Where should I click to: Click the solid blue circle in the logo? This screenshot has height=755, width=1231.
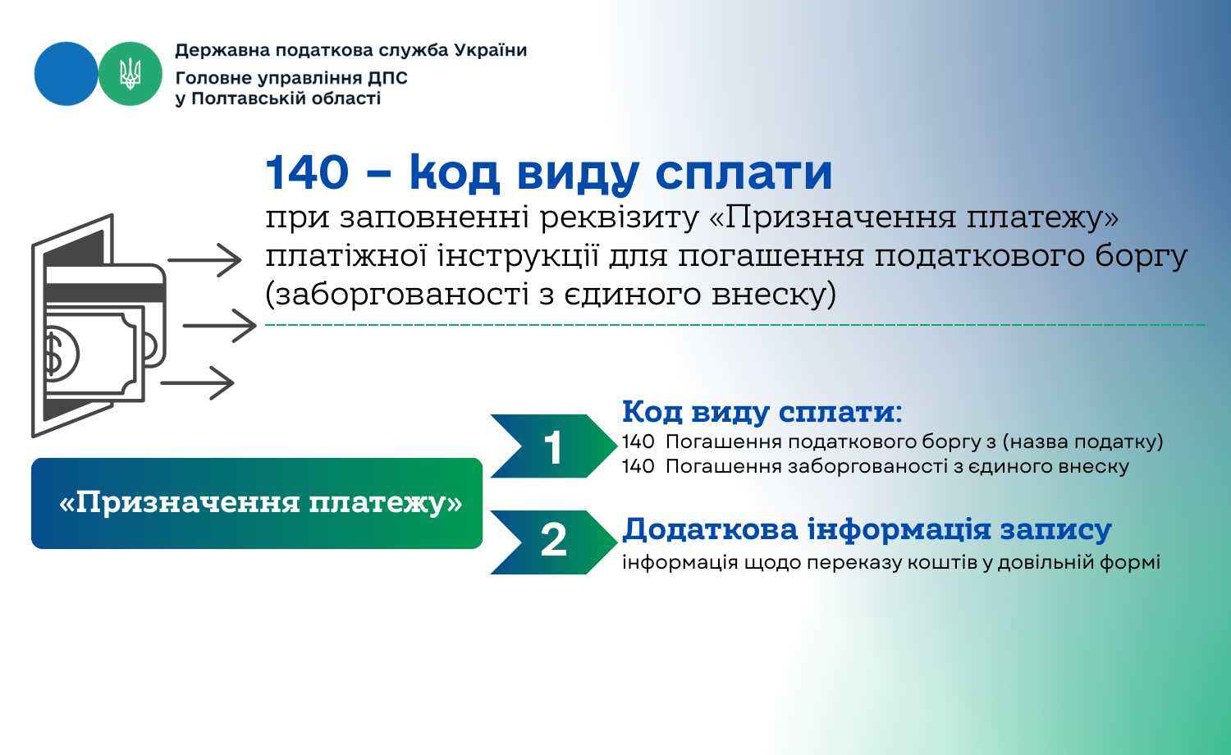point(66,74)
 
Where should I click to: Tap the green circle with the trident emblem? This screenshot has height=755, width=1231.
point(130,74)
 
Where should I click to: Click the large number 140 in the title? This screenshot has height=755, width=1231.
point(307,172)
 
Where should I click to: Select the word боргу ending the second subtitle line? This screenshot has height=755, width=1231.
point(1141,257)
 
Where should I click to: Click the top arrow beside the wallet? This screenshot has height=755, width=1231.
point(204,260)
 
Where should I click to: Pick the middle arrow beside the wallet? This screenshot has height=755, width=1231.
point(220,326)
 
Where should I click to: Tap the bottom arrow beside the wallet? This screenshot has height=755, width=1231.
point(197,383)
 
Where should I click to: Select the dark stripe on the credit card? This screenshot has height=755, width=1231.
point(105,293)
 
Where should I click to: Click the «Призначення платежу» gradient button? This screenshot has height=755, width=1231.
point(257,503)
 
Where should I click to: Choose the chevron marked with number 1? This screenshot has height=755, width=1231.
point(553,446)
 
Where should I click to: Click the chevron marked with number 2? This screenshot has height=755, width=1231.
point(553,542)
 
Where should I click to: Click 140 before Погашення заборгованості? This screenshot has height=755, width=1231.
point(638,466)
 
